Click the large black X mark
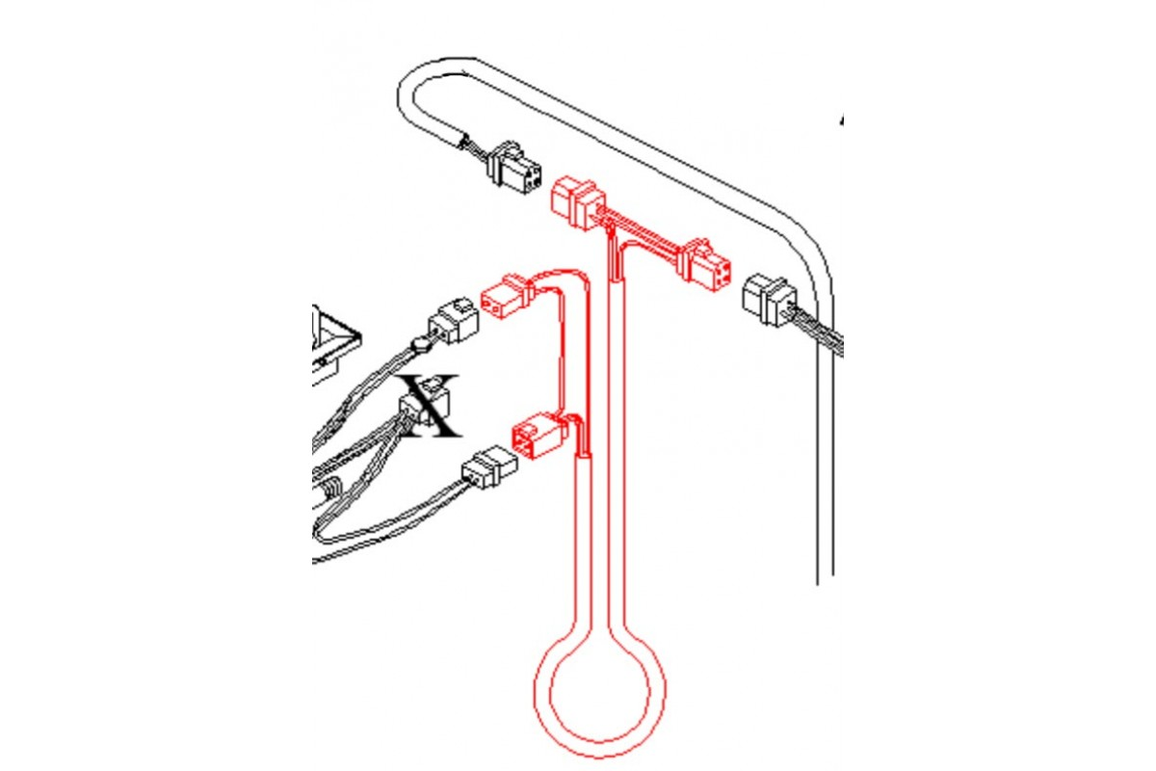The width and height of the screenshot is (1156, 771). (431, 406)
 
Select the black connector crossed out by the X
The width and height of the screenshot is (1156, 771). (425, 402)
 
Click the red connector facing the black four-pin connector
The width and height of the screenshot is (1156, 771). (578, 202)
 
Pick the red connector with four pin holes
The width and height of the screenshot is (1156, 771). (706, 264)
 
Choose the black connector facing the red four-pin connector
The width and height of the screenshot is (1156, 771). (769, 300)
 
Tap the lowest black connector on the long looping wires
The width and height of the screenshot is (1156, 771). (489, 466)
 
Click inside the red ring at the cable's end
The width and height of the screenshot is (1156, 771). (599, 694)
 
